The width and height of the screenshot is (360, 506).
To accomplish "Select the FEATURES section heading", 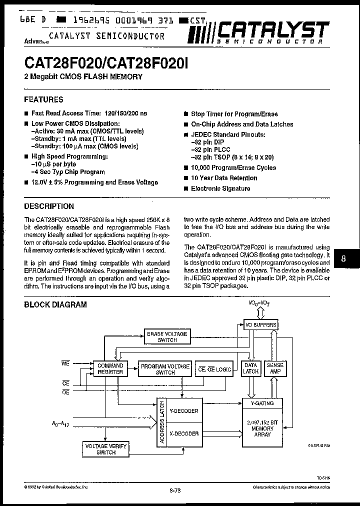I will point(44,99).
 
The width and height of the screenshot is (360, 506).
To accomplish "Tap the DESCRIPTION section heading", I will point(49,206).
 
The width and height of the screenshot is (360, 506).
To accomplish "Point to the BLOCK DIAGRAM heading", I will point(55,304).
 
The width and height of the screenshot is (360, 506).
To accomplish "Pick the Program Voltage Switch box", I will point(165,369).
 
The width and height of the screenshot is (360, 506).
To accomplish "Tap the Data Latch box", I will point(250,368).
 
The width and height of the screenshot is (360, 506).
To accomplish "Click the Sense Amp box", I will point(274,368).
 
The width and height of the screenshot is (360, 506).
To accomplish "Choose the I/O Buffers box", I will point(259,325).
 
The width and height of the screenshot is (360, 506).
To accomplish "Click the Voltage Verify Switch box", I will point(106,448).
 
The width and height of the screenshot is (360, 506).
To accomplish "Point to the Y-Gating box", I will point(262,402).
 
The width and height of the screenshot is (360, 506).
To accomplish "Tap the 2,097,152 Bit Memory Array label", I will point(262,428).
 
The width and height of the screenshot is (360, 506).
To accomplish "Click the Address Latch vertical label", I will point(161,422).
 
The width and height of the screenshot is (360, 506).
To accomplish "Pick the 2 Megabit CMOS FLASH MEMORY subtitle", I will point(83,76).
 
